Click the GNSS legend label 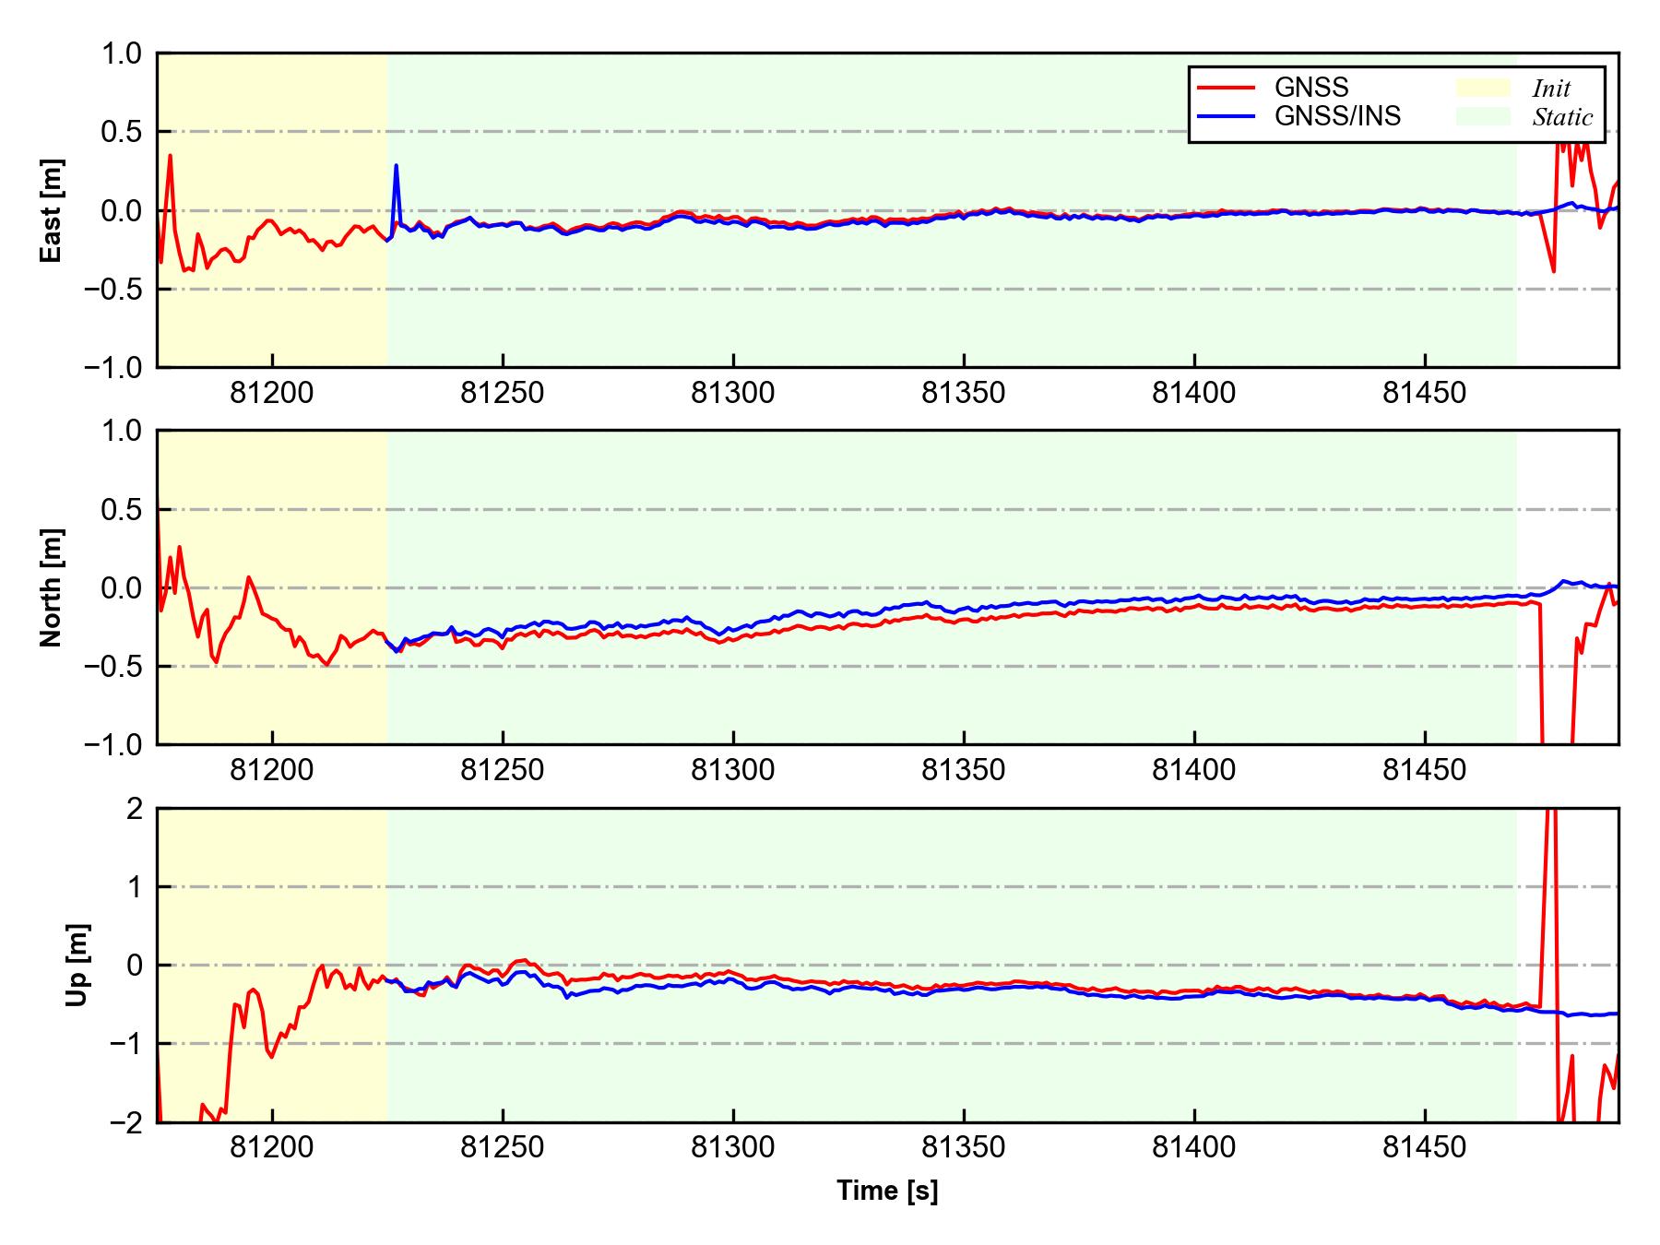(1311, 88)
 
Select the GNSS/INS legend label (1337, 116)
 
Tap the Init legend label (1551, 89)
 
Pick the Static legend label (1562, 117)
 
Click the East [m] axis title (52, 210)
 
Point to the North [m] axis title (52, 587)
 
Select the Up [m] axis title (77, 965)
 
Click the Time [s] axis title (887, 1191)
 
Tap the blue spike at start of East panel (396, 167)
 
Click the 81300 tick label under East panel (733, 394)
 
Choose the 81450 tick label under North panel (1424, 771)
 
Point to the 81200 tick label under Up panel (272, 1148)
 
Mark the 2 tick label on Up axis (135, 809)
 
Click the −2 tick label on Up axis (126, 1122)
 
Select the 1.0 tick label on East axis (124, 53)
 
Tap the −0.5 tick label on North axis (114, 666)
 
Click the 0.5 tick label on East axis (124, 132)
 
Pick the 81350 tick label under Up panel (964, 1148)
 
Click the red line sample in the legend (1226, 88)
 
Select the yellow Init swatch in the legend (1483, 88)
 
